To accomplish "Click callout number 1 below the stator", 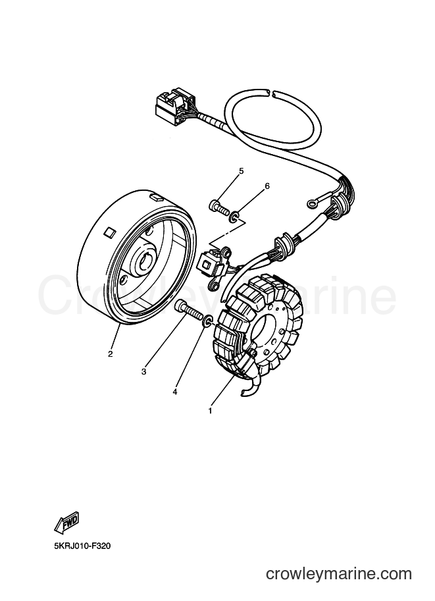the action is [210, 411].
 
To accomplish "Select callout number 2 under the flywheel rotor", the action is [111, 353].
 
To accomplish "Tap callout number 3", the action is [143, 371].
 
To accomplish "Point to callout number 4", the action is [175, 392].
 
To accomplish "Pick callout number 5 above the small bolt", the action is [241, 171].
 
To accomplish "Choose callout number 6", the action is [267, 186].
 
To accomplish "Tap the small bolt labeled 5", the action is [219, 207].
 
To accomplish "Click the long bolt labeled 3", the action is [188, 311].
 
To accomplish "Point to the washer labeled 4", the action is [208, 321].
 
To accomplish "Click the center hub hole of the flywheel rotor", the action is [145, 261].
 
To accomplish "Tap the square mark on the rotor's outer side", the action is [110, 232].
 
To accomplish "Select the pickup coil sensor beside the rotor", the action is [213, 265].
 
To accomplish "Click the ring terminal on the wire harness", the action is [312, 203].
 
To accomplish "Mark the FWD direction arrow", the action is [66, 523].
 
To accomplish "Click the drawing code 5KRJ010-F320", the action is [82, 546].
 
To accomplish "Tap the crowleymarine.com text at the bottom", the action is [338, 574].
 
